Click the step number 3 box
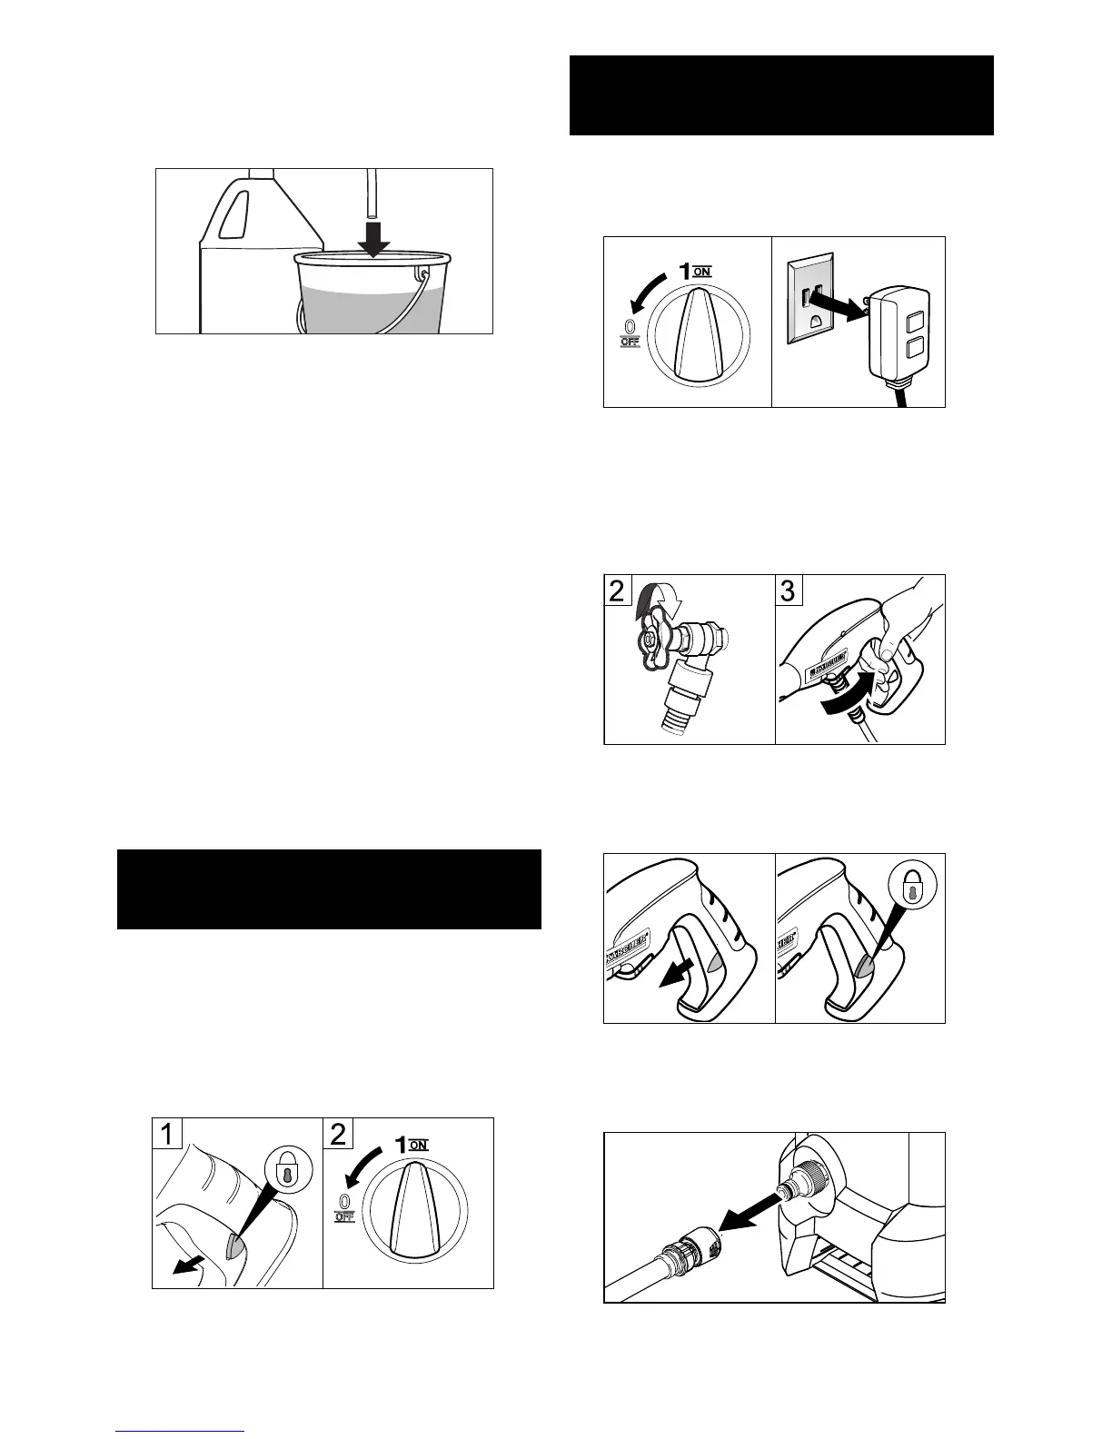pos(788,590)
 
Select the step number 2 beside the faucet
pos(617,591)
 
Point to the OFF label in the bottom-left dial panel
pos(343,1216)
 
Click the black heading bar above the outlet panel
pos(781,94)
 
